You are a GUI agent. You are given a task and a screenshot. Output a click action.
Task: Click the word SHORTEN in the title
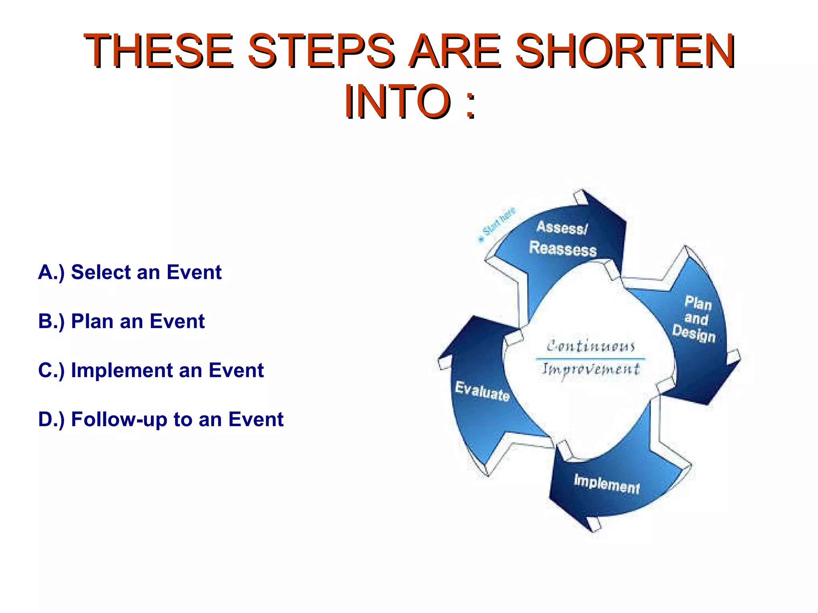coord(625,51)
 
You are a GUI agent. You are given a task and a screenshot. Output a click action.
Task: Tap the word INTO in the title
coord(397,102)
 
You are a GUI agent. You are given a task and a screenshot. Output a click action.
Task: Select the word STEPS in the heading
coord(320,51)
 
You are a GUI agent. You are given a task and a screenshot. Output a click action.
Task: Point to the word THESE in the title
coord(158,51)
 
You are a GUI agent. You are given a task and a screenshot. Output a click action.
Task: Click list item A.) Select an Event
coord(129,273)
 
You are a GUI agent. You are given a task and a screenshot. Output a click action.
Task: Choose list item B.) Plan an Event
coord(121,322)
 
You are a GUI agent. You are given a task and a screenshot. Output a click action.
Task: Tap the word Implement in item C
coord(136,371)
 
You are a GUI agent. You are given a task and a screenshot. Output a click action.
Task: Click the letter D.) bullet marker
coord(51,420)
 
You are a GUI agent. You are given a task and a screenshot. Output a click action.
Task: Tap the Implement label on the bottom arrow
coord(606,484)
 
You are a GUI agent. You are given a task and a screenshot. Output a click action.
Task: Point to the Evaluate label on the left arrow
coord(482,391)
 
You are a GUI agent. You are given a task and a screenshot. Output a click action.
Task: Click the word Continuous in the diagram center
coord(590,346)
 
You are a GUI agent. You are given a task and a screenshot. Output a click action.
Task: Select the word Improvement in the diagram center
coord(590,369)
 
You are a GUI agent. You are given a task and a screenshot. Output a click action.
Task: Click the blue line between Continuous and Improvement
coord(590,358)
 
